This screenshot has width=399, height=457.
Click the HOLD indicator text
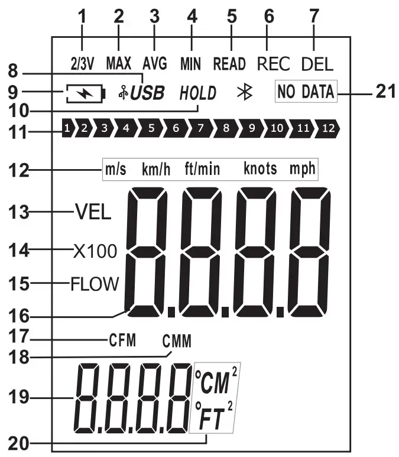click(198, 93)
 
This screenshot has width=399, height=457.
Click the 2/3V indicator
click(83, 63)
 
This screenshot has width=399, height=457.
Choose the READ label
click(229, 63)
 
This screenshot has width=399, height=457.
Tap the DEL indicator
click(317, 63)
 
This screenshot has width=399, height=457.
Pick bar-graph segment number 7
click(200, 127)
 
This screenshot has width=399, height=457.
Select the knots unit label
click(260, 168)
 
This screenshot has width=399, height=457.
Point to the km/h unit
click(156, 169)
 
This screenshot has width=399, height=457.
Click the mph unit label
click(302, 168)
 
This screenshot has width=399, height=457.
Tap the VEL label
click(93, 212)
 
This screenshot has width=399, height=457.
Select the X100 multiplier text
click(95, 251)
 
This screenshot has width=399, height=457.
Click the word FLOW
click(95, 284)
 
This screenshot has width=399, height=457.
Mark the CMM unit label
click(177, 342)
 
